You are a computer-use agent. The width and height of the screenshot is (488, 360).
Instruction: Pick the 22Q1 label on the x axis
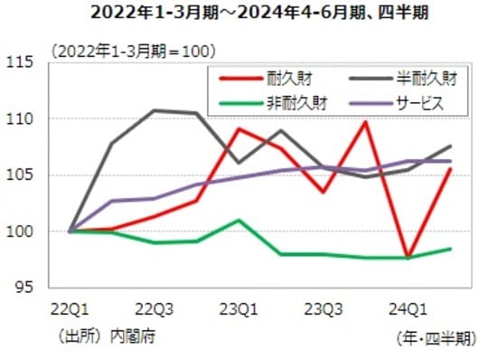click(70, 310)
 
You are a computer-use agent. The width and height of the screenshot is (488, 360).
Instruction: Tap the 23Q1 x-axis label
click(237, 310)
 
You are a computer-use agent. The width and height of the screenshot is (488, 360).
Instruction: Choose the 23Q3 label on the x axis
click(324, 310)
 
